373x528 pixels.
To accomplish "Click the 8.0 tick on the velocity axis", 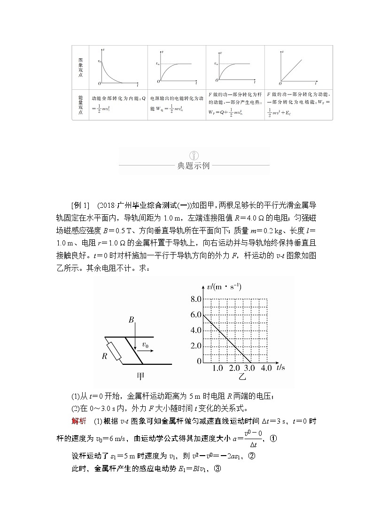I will click(x=195, y=299).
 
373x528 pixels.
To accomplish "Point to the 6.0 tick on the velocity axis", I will click(x=195, y=315).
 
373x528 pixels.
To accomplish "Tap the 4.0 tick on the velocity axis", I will click(x=195, y=330).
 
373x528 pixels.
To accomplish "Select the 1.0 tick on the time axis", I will click(x=218, y=368).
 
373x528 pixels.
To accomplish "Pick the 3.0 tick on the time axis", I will click(x=250, y=368).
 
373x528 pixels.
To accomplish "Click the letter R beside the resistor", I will click(x=105, y=356).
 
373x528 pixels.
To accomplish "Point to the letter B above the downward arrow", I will click(x=132, y=320).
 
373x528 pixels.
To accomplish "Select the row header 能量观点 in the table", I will click(x=80, y=105).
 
